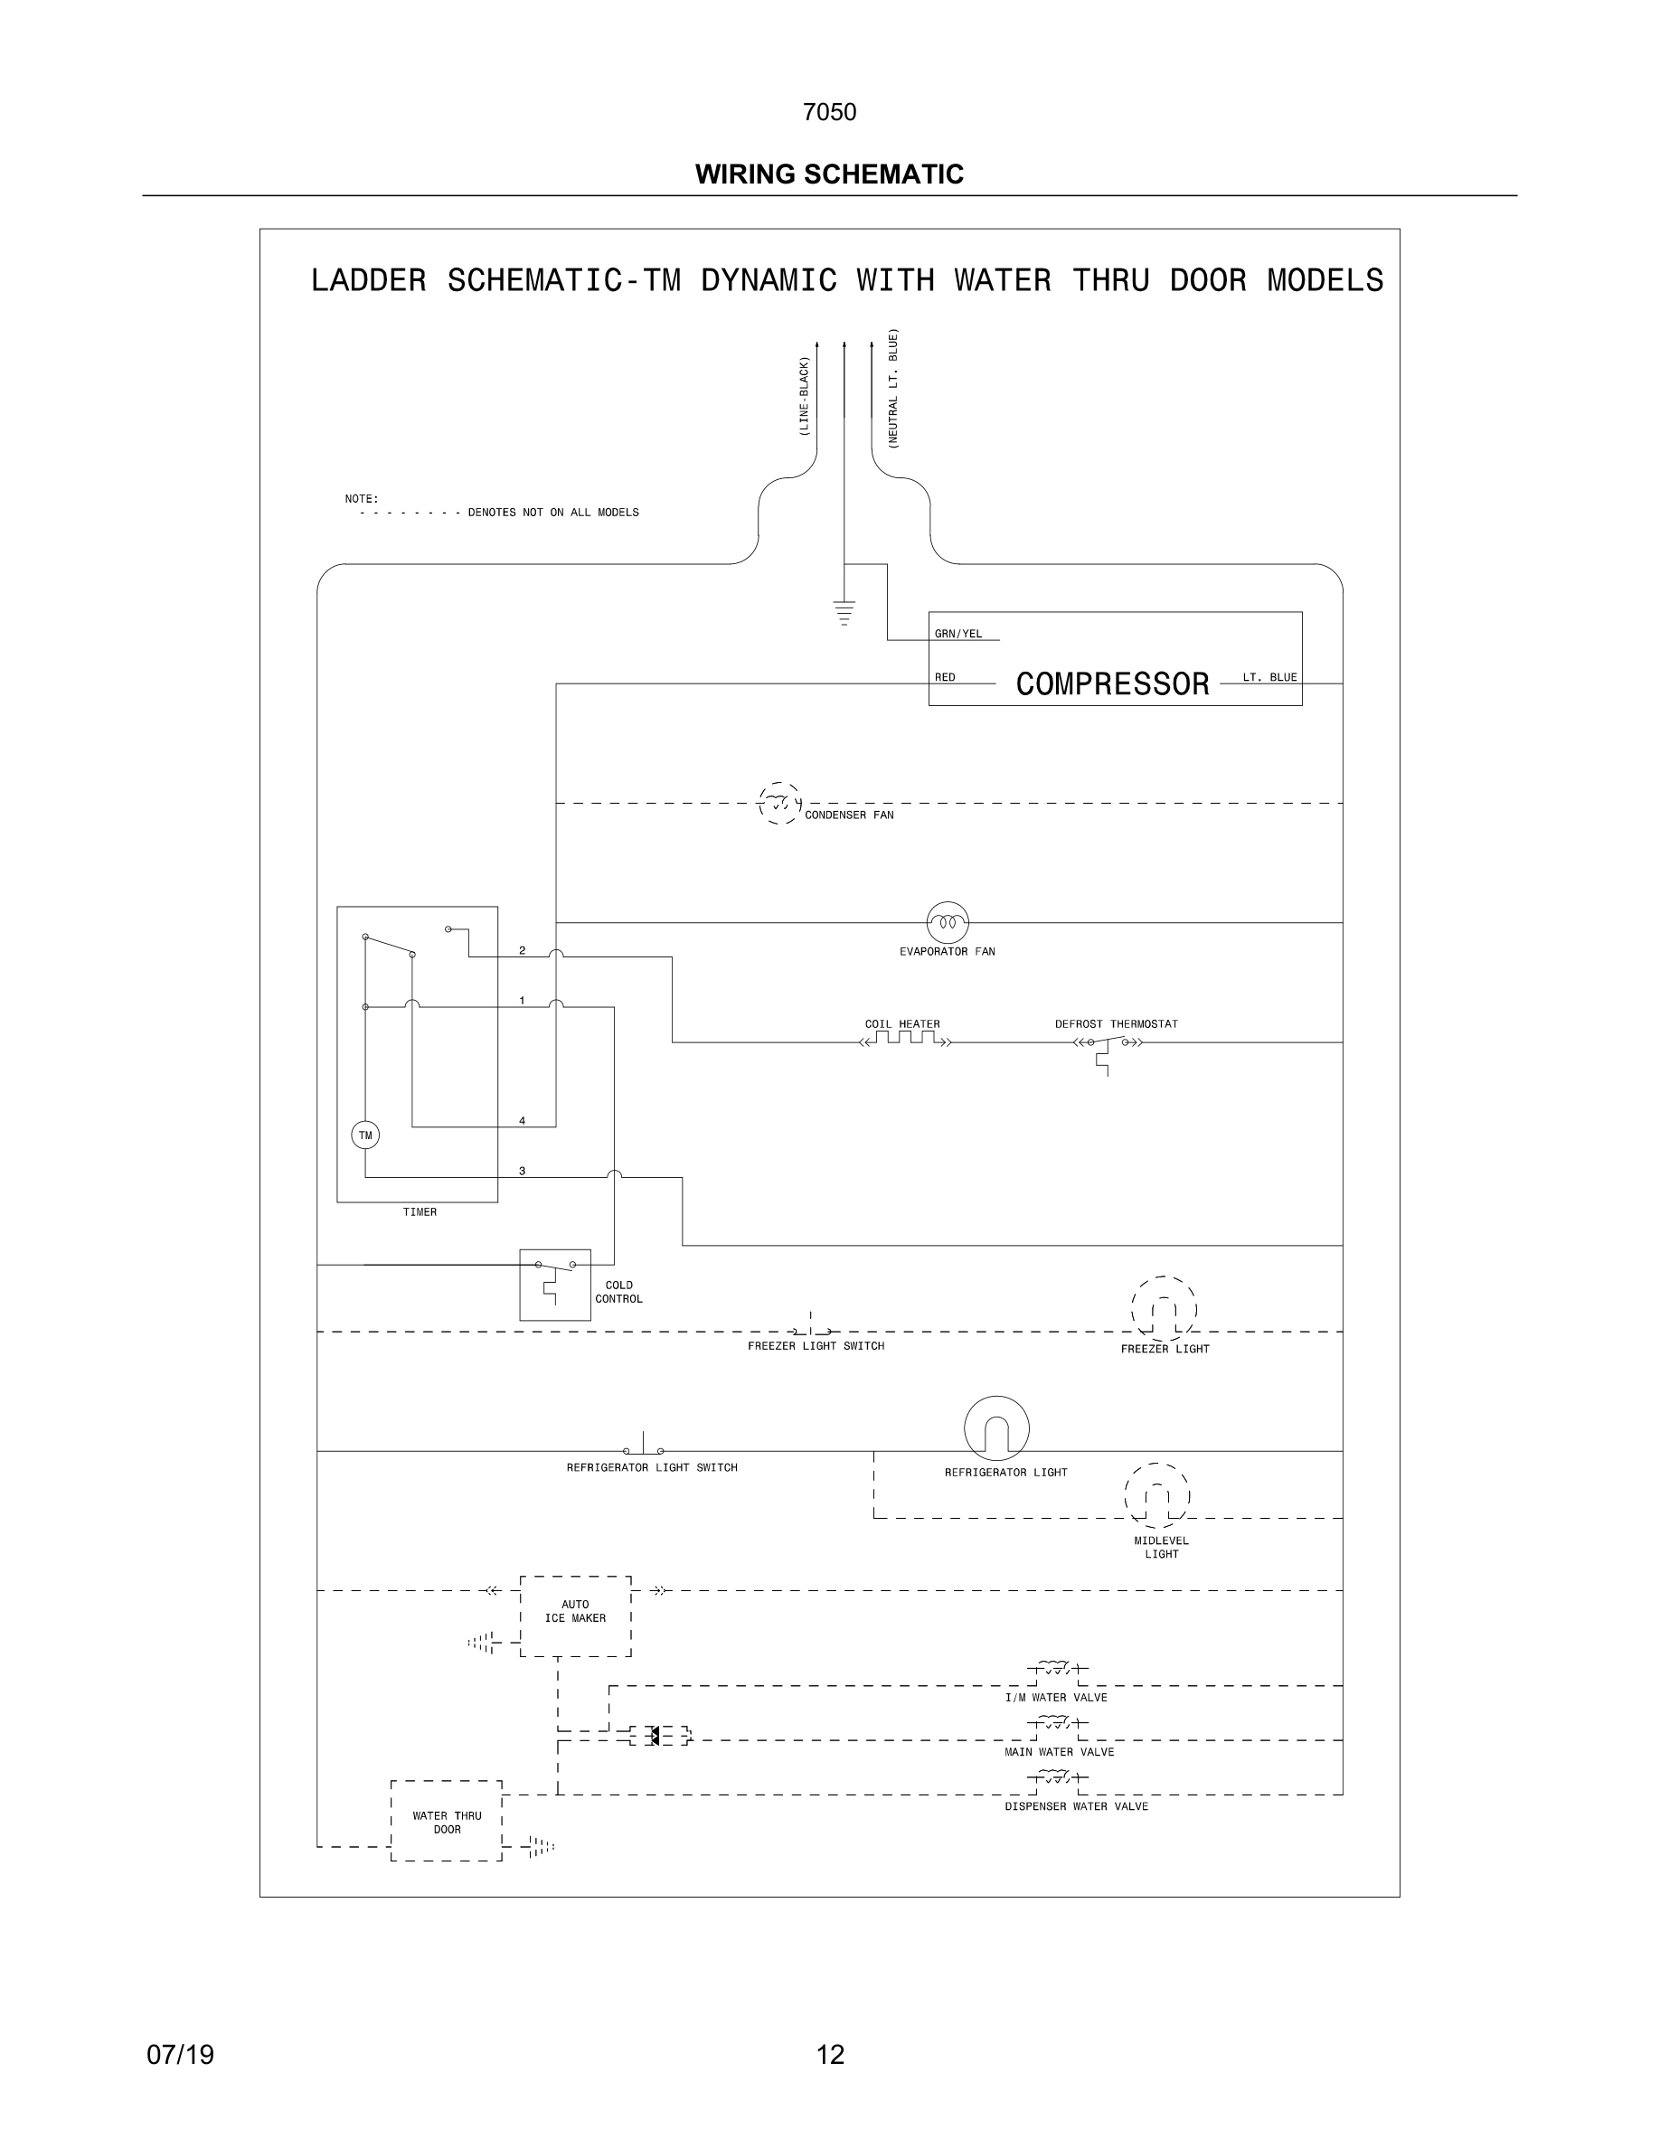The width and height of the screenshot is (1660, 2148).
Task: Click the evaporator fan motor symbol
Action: [947, 922]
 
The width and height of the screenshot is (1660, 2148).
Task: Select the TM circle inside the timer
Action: [365, 1135]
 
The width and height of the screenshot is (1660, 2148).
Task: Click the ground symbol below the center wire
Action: [844, 613]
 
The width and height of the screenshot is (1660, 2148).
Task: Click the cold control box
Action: [554, 1285]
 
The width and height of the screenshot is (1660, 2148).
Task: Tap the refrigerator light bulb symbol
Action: [996, 1428]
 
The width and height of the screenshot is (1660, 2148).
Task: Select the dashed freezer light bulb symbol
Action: [1164, 1308]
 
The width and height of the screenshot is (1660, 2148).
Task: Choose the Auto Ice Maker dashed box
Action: [575, 1616]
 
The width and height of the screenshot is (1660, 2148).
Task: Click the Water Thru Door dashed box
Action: [447, 1822]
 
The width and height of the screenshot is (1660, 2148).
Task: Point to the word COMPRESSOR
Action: [1112, 684]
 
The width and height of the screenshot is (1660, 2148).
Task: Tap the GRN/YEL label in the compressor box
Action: [957, 635]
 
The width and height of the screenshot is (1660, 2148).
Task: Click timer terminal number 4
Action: [523, 1120]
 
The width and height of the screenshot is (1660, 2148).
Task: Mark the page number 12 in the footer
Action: [830, 2054]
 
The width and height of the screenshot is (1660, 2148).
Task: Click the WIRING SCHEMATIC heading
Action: [829, 174]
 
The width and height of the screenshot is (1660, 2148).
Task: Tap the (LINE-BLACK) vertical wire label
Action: [804, 398]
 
